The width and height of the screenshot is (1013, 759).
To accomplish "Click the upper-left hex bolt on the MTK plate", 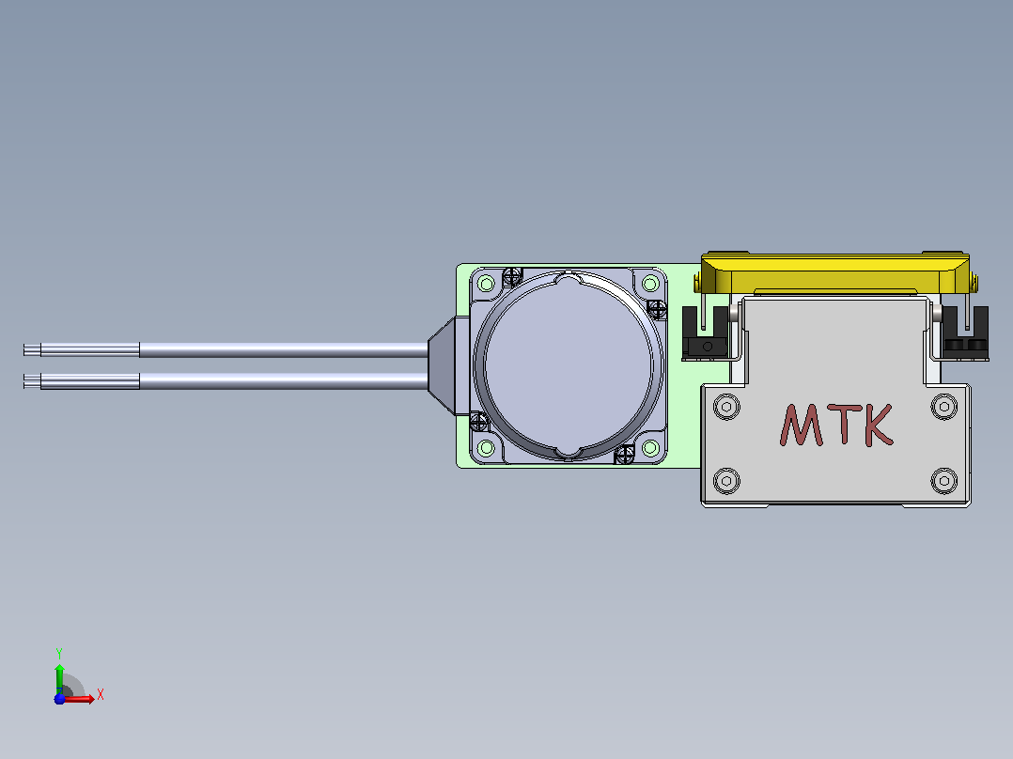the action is [726, 407].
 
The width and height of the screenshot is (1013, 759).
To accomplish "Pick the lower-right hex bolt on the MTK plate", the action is [943, 481].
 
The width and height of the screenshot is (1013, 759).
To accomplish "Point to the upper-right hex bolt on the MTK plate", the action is [943, 407].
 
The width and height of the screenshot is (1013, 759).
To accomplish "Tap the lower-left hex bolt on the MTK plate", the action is [726, 481].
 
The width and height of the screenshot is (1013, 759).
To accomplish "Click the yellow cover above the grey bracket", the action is [835, 273].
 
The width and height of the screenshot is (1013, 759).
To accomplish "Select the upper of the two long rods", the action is [226, 350].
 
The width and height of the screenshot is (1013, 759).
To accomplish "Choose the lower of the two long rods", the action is [226, 381].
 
